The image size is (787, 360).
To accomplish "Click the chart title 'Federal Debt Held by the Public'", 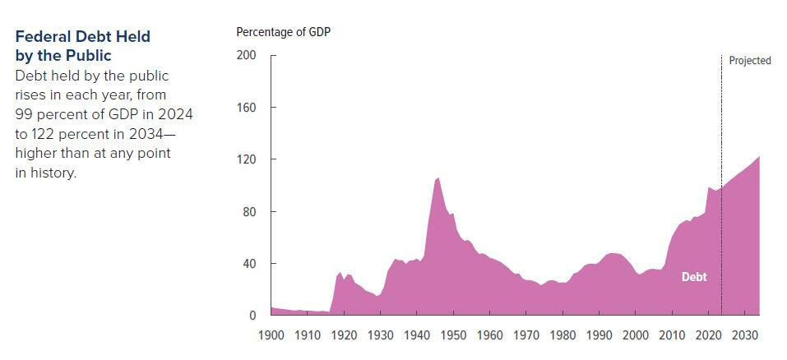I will coord(82,46).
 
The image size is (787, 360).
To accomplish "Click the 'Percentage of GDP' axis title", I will coord(284,32).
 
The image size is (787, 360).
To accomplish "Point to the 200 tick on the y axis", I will coord(247,55).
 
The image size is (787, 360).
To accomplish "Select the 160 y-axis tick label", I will coord(247,108).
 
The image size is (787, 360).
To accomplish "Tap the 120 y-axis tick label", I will coord(247,159).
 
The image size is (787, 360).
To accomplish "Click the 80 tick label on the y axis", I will coord(249,212).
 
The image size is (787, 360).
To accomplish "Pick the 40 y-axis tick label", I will coord(249,264).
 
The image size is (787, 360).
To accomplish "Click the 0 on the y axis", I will coord(252,316).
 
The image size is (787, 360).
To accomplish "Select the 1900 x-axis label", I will coord(271,335).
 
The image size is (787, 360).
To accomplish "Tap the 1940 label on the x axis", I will coord(417,335).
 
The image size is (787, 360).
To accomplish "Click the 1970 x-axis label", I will coord(526,335).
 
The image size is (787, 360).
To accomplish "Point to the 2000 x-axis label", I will coord(636,335).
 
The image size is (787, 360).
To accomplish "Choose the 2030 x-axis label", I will coord(745,335).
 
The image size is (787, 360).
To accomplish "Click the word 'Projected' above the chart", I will coord(750,61).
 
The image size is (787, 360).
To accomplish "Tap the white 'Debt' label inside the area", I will coord(694,277).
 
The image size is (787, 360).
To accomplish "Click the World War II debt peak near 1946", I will coord(438,178).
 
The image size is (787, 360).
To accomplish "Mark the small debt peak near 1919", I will coord(340,273).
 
